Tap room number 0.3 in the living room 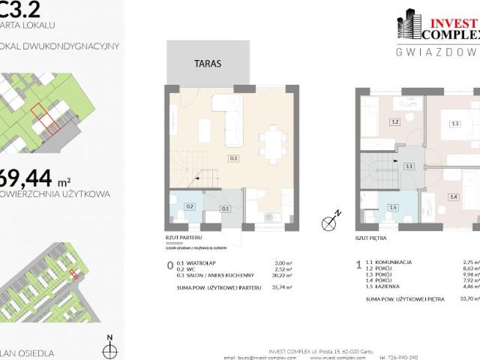point(234,159)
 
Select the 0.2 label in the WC point(190,206)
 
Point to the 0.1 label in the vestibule point(226,209)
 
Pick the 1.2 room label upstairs point(394,121)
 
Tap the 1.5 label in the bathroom point(392,207)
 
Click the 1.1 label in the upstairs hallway point(409,166)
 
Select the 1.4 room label point(453,196)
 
